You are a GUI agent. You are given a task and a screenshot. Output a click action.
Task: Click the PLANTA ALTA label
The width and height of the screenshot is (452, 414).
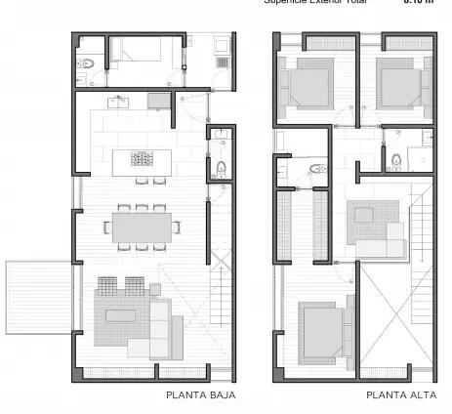398,395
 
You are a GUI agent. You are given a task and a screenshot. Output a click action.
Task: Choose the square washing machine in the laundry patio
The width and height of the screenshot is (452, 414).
221,45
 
